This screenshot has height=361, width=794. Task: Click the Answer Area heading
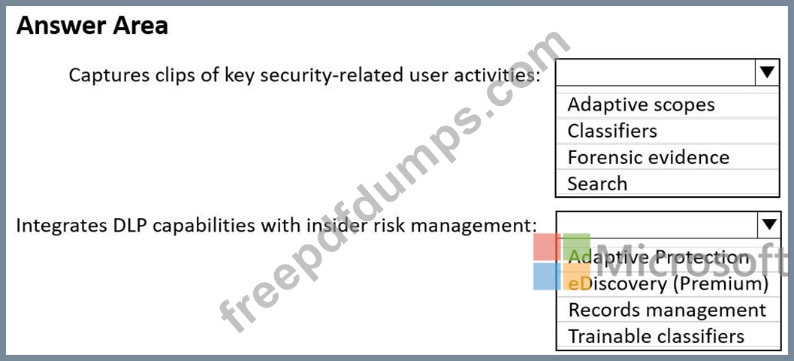click(x=92, y=26)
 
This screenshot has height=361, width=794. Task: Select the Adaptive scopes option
click(x=641, y=105)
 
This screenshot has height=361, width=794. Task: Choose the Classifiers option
click(x=612, y=131)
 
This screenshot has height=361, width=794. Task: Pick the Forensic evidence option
click(x=648, y=157)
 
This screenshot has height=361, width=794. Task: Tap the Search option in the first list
click(x=597, y=184)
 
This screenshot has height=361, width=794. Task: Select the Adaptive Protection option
click(x=659, y=257)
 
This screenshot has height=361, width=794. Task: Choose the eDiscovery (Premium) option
click(x=668, y=284)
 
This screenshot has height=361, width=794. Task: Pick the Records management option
click(x=667, y=310)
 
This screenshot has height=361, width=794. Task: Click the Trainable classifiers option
click(x=657, y=336)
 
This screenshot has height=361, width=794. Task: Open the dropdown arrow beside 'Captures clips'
click(x=767, y=72)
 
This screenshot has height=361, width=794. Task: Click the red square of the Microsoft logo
click(x=547, y=247)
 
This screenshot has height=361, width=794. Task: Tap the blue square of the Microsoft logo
click(x=547, y=276)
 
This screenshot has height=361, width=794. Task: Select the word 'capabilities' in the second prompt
click(x=202, y=225)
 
